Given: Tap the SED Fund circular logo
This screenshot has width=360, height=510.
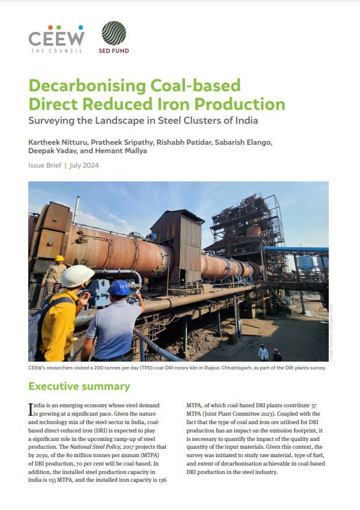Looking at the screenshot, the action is [x=113, y=34].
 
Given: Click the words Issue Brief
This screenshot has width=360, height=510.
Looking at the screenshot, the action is [x=44, y=165].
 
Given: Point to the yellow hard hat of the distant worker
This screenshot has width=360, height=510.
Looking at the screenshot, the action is [x=59, y=258].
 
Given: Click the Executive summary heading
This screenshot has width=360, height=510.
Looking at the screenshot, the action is [x=79, y=386].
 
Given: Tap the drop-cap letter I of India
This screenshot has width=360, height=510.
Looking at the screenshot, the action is [x=31, y=410].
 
